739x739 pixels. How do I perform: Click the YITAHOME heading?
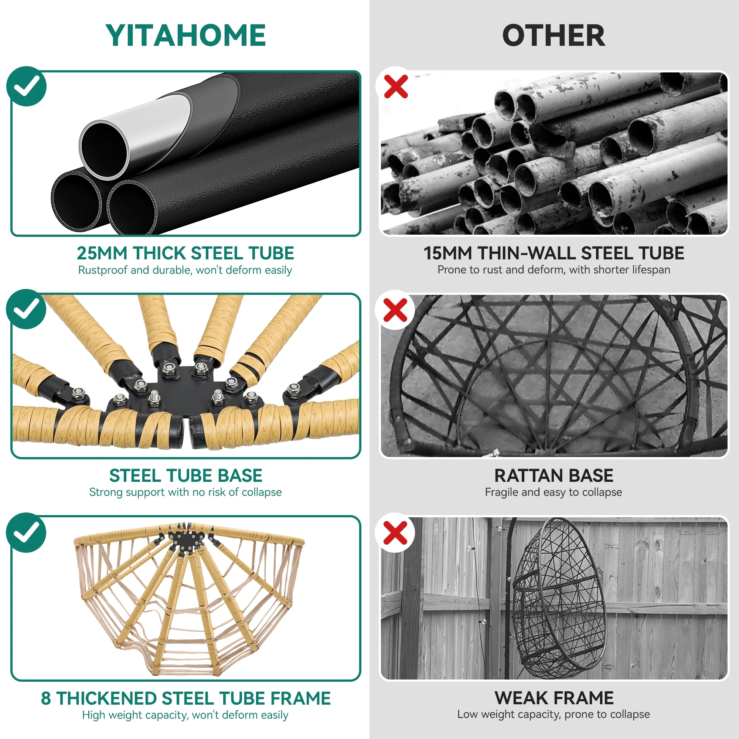(x=185, y=35)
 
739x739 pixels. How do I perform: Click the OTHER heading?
(x=554, y=35)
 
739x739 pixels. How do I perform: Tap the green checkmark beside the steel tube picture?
(x=26, y=86)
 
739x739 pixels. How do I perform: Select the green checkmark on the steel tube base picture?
(x=26, y=309)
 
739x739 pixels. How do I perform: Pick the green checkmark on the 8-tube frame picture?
(x=26, y=532)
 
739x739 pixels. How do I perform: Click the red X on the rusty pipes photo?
(x=396, y=86)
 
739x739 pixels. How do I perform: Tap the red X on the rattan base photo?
(x=395, y=310)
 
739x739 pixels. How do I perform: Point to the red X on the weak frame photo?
(x=395, y=533)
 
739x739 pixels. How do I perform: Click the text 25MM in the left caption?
(x=102, y=253)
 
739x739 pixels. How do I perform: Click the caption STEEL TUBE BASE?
(x=186, y=476)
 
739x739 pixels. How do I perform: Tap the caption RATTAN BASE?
(x=554, y=476)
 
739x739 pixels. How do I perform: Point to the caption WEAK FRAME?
(x=554, y=698)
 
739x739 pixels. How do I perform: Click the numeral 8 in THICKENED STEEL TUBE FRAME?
(x=46, y=698)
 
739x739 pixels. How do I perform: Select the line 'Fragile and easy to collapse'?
(x=554, y=492)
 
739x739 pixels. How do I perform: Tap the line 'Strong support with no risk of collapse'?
(x=185, y=492)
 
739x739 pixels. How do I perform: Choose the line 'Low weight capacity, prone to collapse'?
(x=554, y=715)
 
